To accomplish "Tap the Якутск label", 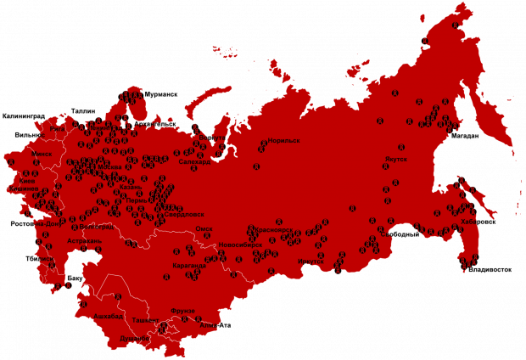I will tap(395, 159).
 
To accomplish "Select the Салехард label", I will tap(194, 161).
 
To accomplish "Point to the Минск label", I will tap(42, 154).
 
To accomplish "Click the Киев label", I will tap(26, 182).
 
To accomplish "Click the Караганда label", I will tap(188, 266).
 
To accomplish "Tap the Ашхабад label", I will tap(109, 316).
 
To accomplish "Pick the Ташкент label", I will tap(145, 320).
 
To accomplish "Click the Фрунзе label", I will tap(182, 311).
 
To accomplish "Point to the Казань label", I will tap(131, 186).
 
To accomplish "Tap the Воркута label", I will tap(217, 137).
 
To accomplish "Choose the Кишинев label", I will tap(25, 188).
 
